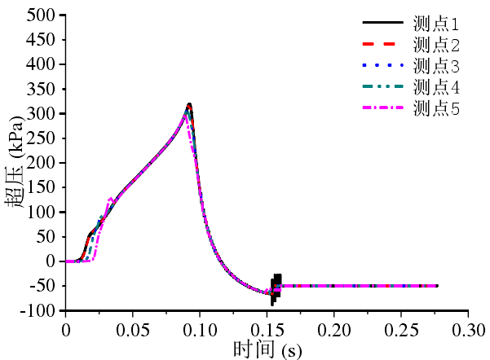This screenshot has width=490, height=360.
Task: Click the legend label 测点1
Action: (437, 24)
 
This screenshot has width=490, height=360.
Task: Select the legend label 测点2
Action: (437, 45)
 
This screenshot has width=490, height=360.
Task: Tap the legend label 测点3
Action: (437, 66)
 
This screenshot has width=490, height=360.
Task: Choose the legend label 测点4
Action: (437, 87)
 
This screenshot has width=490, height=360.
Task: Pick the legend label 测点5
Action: (437, 108)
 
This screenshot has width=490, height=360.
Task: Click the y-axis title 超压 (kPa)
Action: (19, 163)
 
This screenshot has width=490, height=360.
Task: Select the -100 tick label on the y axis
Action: (37, 311)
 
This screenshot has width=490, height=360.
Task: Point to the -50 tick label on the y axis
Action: (40, 287)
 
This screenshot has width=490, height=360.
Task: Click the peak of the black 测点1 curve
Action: (189, 104)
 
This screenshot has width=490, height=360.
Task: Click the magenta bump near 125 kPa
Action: (111, 199)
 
